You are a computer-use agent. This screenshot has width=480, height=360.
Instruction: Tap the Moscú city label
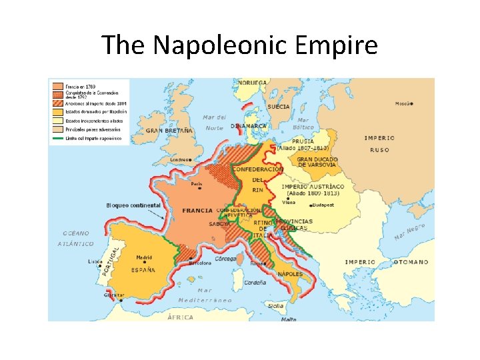click(402, 103)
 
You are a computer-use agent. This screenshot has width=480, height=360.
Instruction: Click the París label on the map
click(197, 183)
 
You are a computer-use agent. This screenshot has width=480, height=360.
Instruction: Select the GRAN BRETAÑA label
click(169, 131)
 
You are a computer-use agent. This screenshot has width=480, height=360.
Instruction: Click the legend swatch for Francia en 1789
click(57, 86)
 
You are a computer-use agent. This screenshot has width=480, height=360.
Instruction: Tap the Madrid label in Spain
click(144, 257)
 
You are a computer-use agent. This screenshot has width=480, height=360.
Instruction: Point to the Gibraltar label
click(113, 295)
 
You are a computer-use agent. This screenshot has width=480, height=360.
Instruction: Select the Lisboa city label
click(95, 261)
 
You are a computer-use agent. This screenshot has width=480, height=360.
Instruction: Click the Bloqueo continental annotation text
click(133, 205)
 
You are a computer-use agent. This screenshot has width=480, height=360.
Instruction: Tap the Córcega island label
click(226, 258)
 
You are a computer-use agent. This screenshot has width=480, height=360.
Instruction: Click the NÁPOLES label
click(291, 274)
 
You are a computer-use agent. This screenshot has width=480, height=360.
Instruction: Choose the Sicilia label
click(275, 306)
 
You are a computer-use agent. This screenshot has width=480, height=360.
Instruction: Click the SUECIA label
click(278, 107)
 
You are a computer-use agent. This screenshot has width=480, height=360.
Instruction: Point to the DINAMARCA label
click(249, 125)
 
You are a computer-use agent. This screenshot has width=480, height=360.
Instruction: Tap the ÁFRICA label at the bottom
click(180, 317)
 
